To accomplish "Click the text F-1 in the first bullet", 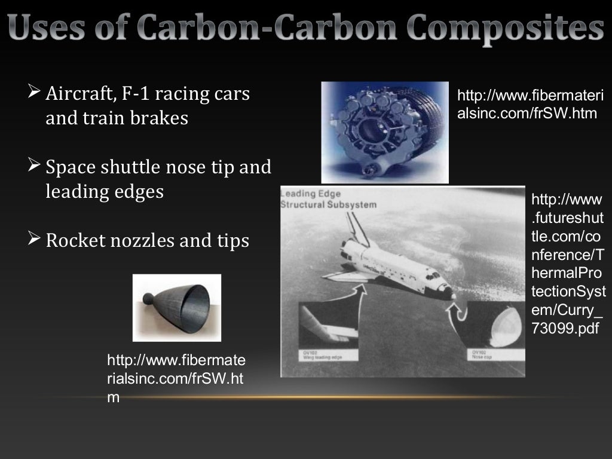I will click(143, 94).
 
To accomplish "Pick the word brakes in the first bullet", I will click(163, 118).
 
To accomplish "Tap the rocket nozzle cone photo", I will click(177, 307).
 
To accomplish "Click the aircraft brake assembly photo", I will click(384, 132).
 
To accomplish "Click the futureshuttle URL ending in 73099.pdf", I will click(567, 263).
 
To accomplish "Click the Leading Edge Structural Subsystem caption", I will click(329, 199).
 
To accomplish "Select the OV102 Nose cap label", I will click(482, 354).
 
